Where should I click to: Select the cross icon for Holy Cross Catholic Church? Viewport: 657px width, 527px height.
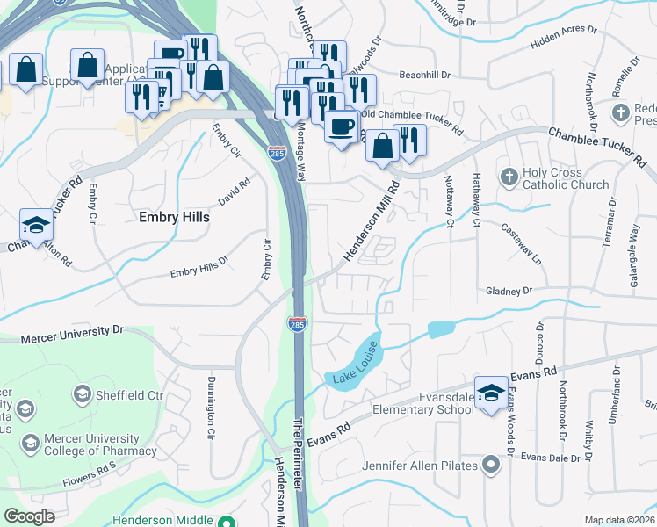point(508,177)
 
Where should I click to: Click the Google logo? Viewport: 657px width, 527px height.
point(29,516)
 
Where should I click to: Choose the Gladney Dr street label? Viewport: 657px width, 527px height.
point(509,291)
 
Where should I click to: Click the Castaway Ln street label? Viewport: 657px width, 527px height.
point(522,238)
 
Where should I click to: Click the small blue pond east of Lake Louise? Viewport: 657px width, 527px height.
point(441,329)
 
